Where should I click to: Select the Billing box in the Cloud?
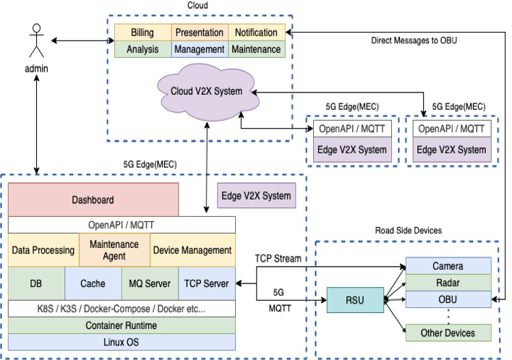[142, 33]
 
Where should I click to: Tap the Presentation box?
[199, 33]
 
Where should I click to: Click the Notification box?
[256, 33]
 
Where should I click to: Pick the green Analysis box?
[142, 49]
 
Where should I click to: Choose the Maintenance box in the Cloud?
[256, 49]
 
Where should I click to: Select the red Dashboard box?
[93, 200]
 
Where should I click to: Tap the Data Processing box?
[43, 250]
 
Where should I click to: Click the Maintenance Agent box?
[114, 250]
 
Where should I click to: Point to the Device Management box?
[192, 250]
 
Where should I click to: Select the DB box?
[36, 283]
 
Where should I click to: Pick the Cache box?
[93, 283]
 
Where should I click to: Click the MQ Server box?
[149, 283]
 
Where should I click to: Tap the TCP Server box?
[206, 283]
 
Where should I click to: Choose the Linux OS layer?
[121, 342]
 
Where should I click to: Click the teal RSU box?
[354, 300]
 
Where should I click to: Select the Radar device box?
[448, 283]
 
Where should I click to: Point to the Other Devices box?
[448, 333]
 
